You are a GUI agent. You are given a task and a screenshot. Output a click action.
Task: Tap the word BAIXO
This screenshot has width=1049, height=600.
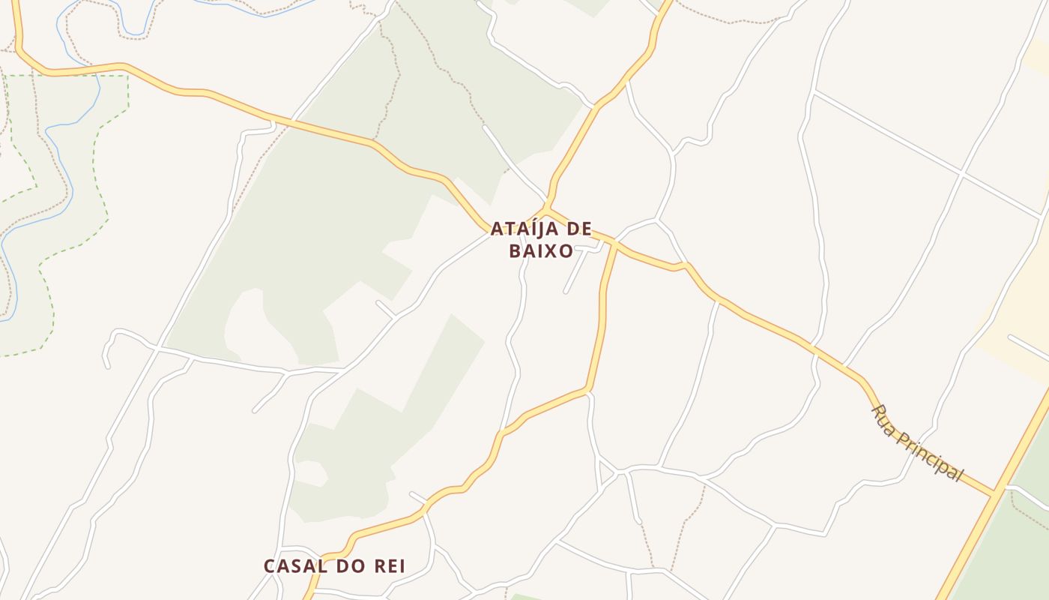[x=541, y=251]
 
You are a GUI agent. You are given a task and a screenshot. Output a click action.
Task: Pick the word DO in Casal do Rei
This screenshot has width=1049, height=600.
[x=345, y=566]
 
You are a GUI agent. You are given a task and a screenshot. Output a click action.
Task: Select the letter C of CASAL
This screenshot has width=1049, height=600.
[x=270, y=566]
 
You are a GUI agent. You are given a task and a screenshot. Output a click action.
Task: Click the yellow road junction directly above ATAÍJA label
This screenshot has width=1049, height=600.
[x=546, y=208]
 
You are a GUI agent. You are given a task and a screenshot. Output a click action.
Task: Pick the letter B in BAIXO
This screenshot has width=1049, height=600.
[x=515, y=251]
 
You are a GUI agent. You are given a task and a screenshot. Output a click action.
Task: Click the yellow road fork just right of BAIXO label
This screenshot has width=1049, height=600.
[x=615, y=242]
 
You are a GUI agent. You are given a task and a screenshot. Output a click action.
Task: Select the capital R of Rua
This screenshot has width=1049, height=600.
[x=877, y=412]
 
